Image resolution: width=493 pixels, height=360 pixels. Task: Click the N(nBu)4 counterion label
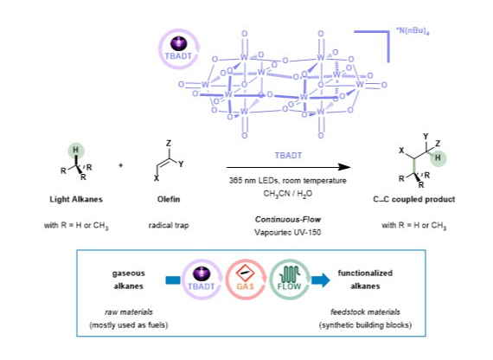(413, 31)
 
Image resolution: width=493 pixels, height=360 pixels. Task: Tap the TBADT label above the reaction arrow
(288, 156)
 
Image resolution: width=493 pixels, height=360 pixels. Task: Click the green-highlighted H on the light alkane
(76, 150)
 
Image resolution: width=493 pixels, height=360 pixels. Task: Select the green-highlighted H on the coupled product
(438, 157)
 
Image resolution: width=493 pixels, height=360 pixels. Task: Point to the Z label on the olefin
(169, 144)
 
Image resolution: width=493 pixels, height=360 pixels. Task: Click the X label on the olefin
(157, 178)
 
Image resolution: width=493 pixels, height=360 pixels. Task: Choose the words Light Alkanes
(76, 199)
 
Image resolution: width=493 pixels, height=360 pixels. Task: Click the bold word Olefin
(169, 199)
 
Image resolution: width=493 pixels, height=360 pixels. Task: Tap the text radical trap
(169, 225)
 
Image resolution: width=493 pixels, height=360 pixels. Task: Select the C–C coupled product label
(413, 199)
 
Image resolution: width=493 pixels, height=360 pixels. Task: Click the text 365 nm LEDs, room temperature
(288, 181)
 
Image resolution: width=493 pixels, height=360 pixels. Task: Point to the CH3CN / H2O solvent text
(288, 194)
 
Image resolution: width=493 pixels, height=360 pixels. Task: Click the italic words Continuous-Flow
(288, 219)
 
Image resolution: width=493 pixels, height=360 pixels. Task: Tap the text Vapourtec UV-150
(288, 233)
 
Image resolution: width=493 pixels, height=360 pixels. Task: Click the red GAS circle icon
(246, 280)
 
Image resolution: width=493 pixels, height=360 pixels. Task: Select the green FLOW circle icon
(289, 280)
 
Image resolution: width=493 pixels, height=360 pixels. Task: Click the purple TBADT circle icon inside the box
(202, 280)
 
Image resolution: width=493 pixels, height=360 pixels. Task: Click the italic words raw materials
(129, 312)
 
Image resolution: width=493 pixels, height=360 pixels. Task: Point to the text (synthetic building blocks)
(365, 325)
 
